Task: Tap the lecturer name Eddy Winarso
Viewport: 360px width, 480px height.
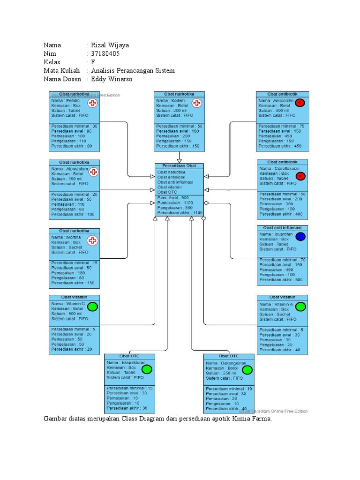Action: (x=112, y=79)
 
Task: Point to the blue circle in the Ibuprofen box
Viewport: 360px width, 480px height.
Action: (x=300, y=237)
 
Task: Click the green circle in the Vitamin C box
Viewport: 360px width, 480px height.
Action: (x=93, y=307)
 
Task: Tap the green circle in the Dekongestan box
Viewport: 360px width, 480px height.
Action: (x=247, y=370)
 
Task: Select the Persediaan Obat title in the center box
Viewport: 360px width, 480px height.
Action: (x=179, y=166)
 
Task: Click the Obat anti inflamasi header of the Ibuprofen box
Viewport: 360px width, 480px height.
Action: (x=282, y=228)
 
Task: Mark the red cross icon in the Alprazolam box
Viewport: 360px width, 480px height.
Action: (x=94, y=172)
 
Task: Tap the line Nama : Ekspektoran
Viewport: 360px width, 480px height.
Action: (x=123, y=363)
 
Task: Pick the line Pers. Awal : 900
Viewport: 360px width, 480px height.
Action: (x=173, y=198)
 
